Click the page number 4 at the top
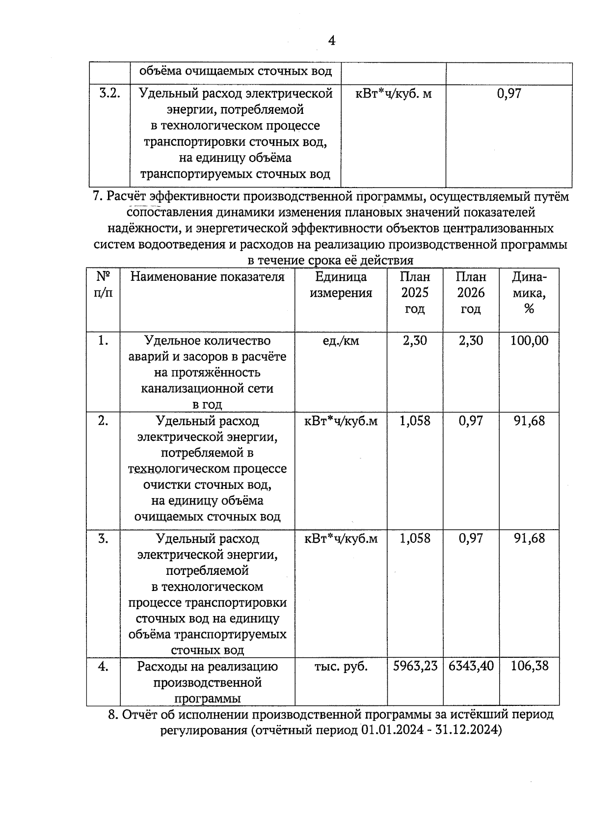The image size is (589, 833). pos(331,41)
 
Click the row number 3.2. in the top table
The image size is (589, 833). pos(110,93)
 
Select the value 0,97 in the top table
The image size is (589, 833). pos(509,93)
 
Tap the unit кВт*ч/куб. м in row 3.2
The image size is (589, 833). pos(393,93)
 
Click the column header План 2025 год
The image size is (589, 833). pos(415,293)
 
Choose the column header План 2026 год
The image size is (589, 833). pos(471,293)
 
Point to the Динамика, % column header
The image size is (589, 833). pos(529,293)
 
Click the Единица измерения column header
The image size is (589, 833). pos(341,285)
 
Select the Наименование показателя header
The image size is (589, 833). pos(207,277)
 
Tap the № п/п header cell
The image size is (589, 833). pos(103,285)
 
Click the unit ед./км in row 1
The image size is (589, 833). pos(341,341)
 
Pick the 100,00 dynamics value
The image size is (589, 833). pos(529,341)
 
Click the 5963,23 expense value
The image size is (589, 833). pos(415,667)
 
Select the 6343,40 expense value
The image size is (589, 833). pos(471,667)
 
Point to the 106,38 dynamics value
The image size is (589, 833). pos(529,667)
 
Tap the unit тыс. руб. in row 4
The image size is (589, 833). pos(341,667)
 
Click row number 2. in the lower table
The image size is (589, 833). pos(103,421)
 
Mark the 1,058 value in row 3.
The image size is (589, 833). pos(415,539)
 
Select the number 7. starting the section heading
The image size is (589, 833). pos(97,197)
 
